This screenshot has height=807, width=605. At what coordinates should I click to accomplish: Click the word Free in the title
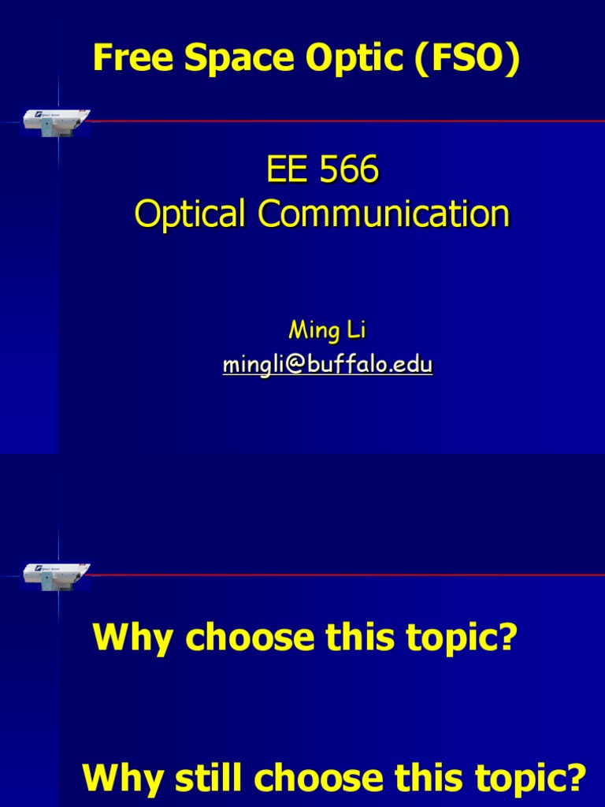pos(127,59)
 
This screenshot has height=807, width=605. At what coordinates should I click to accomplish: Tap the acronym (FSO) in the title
pos(473,59)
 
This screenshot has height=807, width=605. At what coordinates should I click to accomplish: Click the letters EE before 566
pos(286,171)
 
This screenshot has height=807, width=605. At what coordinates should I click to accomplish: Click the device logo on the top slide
pos(56,121)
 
